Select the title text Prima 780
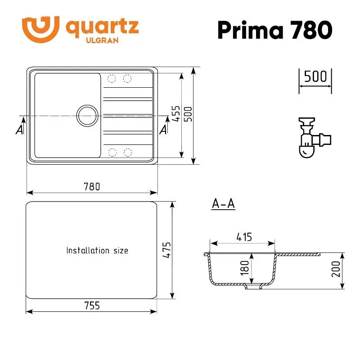coord(274,30)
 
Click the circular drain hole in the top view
coord(86,115)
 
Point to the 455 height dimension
coord(176,114)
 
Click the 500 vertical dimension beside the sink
coord(189,114)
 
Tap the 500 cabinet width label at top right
coord(315,76)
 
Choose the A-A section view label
coord(224,204)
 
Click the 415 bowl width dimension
coord(243,237)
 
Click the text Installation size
coord(97,250)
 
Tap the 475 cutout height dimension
coord(166,250)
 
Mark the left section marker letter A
coord(19,129)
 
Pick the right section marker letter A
coord(163,129)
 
